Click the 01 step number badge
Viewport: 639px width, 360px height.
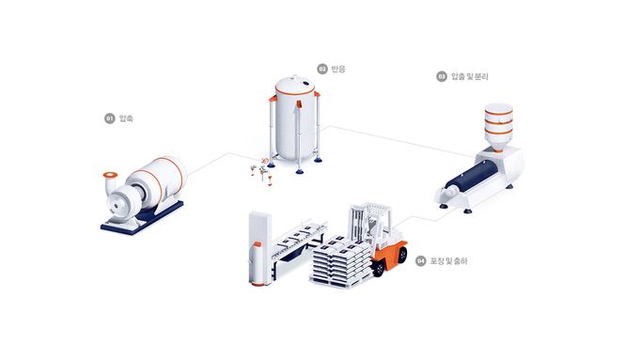tap(109, 118)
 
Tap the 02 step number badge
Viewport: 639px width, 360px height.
tap(321, 69)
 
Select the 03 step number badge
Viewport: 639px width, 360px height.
tap(441, 76)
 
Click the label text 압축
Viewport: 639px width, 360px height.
tap(126, 118)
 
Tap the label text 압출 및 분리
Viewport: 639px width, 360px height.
tap(470, 76)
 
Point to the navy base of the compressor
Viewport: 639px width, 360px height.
tap(132, 224)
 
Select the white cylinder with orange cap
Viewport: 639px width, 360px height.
tap(259, 263)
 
